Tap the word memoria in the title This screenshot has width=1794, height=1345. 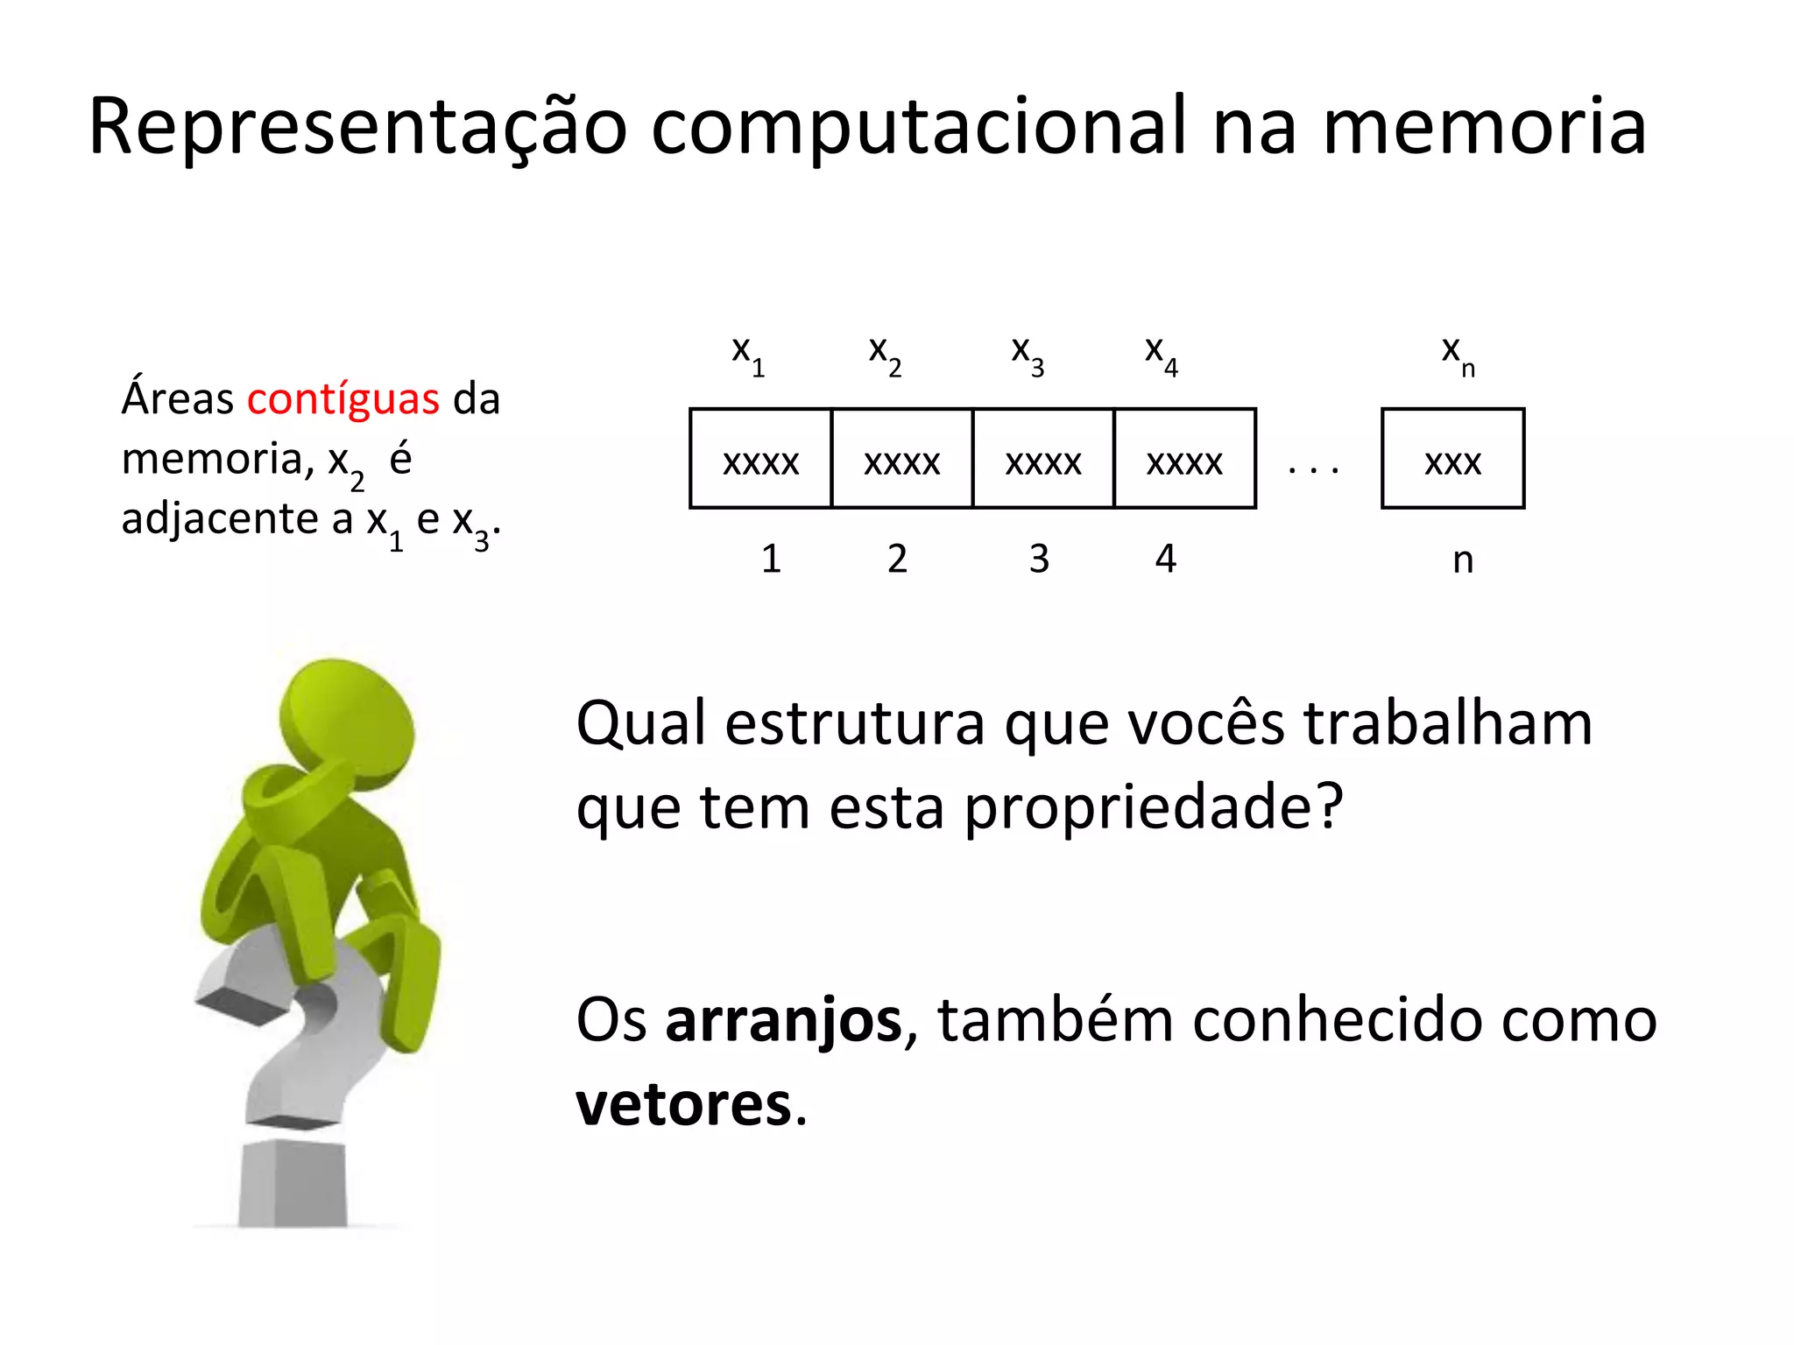(1484, 128)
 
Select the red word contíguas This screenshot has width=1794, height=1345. (343, 399)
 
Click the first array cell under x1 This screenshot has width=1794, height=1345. (760, 459)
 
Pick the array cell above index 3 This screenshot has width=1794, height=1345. (1042, 459)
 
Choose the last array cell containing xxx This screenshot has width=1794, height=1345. (1452, 459)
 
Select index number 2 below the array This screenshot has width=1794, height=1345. (897, 559)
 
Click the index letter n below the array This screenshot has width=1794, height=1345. (1463, 560)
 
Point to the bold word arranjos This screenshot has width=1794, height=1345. (783, 1021)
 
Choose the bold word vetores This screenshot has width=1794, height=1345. (683, 1105)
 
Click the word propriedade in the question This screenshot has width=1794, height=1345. (1153, 807)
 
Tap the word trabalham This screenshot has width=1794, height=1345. (1447, 725)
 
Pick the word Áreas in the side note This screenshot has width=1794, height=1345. (178, 399)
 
